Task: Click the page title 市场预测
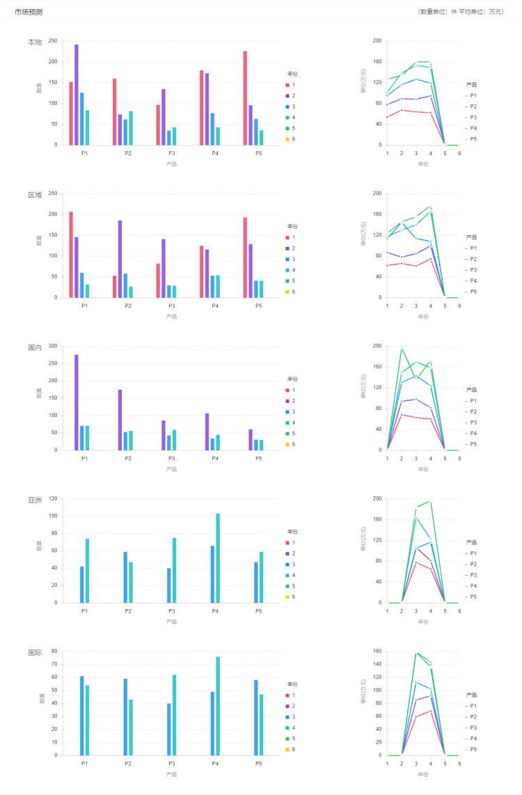coord(29,12)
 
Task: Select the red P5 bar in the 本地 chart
coord(245,98)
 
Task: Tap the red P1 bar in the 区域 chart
coord(71,254)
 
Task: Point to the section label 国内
coord(35,347)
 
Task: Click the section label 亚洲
coord(35,500)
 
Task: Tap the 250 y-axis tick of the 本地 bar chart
coord(53,41)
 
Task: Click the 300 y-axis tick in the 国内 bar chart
coord(53,346)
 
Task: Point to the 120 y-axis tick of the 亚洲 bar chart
coord(53,498)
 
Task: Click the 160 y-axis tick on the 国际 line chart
coord(377,652)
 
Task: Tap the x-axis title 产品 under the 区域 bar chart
coord(171,317)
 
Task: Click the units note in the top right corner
coord(460,12)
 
